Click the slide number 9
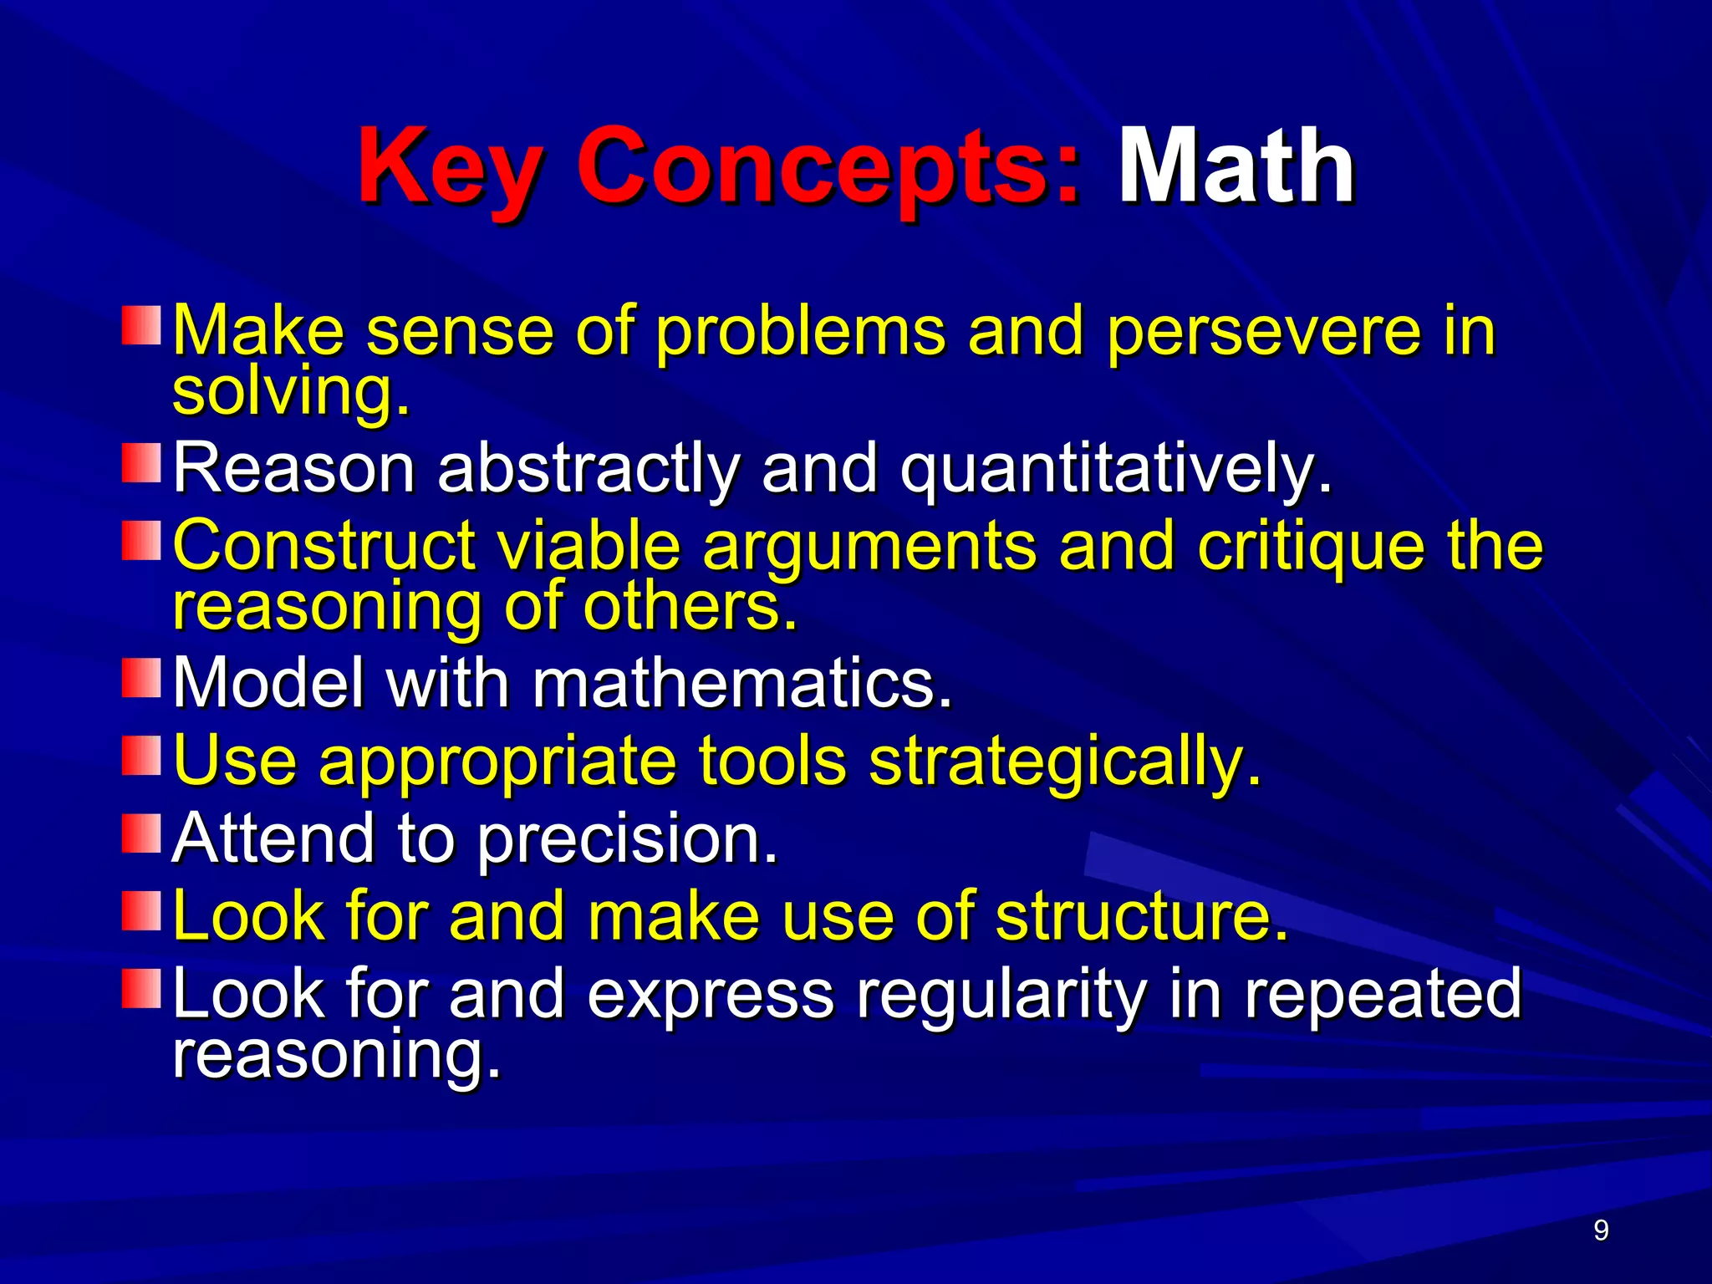[1601, 1230]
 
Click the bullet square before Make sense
[141, 325]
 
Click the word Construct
[324, 545]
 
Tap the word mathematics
[741, 683]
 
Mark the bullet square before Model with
[141, 677]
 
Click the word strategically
[1063, 762]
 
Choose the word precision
[627, 839]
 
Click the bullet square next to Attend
[141, 833]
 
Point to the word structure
[1141, 916]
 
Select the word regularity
[1001, 995]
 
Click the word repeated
[1383, 995]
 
